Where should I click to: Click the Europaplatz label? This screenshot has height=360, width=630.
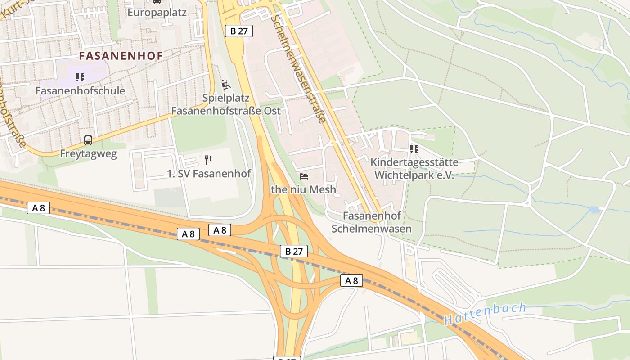[x=157, y=12]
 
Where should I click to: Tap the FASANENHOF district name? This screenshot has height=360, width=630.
[x=121, y=56]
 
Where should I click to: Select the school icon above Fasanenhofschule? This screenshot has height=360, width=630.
[x=80, y=77]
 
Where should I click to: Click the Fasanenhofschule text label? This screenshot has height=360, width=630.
[x=80, y=91]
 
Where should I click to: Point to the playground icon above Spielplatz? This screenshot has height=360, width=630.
[x=226, y=84]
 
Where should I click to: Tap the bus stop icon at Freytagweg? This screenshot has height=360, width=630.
[x=88, y=140]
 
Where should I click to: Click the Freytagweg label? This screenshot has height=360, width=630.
[x=88, y=154]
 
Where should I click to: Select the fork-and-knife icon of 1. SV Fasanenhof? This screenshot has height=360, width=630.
[x=208, y=160]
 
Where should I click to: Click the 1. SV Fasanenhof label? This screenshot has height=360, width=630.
[x=209, y=174]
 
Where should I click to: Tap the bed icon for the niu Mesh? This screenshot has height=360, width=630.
[x=304, y=176]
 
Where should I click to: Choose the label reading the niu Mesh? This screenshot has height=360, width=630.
[x=303, y=189]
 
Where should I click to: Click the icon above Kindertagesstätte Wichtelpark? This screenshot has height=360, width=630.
[x=414, y=148]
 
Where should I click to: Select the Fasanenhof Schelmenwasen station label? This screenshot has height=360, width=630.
[x=372, y=222]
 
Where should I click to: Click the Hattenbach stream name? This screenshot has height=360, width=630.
[x=485, y=314]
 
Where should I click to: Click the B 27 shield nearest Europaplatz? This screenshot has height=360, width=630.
[x=238, y=31]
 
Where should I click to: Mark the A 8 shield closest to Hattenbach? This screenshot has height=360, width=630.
[x=351, y=281]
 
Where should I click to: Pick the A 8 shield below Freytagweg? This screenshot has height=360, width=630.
[x=38, y=208]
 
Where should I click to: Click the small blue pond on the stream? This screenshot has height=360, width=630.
[x=594, y=210]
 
